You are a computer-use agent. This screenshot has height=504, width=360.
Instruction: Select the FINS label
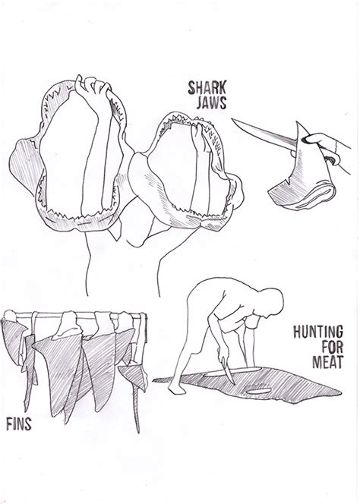pos(19,425)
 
